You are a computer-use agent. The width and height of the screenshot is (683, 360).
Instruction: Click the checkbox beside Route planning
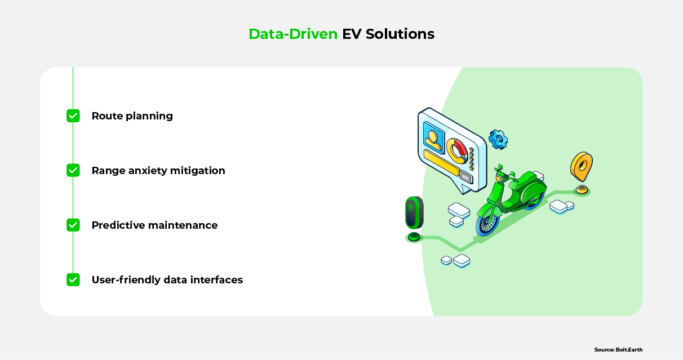(73, 116)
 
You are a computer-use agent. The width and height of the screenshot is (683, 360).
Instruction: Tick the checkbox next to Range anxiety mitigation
(73, 170)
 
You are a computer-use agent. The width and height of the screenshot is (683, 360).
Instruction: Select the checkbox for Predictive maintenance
(73, 225)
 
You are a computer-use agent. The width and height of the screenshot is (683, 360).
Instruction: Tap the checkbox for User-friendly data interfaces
(73, 279)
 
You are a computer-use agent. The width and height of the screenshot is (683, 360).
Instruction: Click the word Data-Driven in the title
(293, 34)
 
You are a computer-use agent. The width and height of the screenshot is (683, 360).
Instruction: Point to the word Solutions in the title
(400, 34)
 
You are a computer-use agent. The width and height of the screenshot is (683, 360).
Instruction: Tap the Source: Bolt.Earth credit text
(618, 350)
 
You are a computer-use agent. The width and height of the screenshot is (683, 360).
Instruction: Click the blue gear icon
(498, 139)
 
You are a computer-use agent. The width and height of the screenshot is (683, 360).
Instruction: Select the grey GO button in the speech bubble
(465, 176)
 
